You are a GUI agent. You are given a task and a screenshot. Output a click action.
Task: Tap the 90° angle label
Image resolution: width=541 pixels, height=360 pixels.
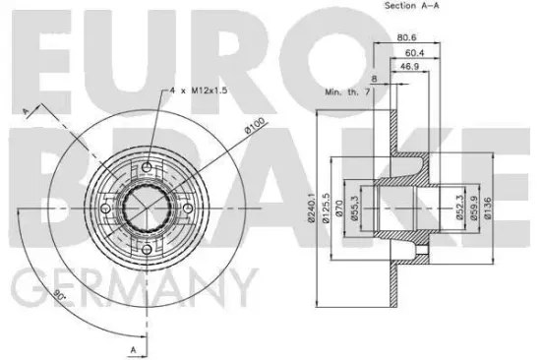point(61,292)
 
